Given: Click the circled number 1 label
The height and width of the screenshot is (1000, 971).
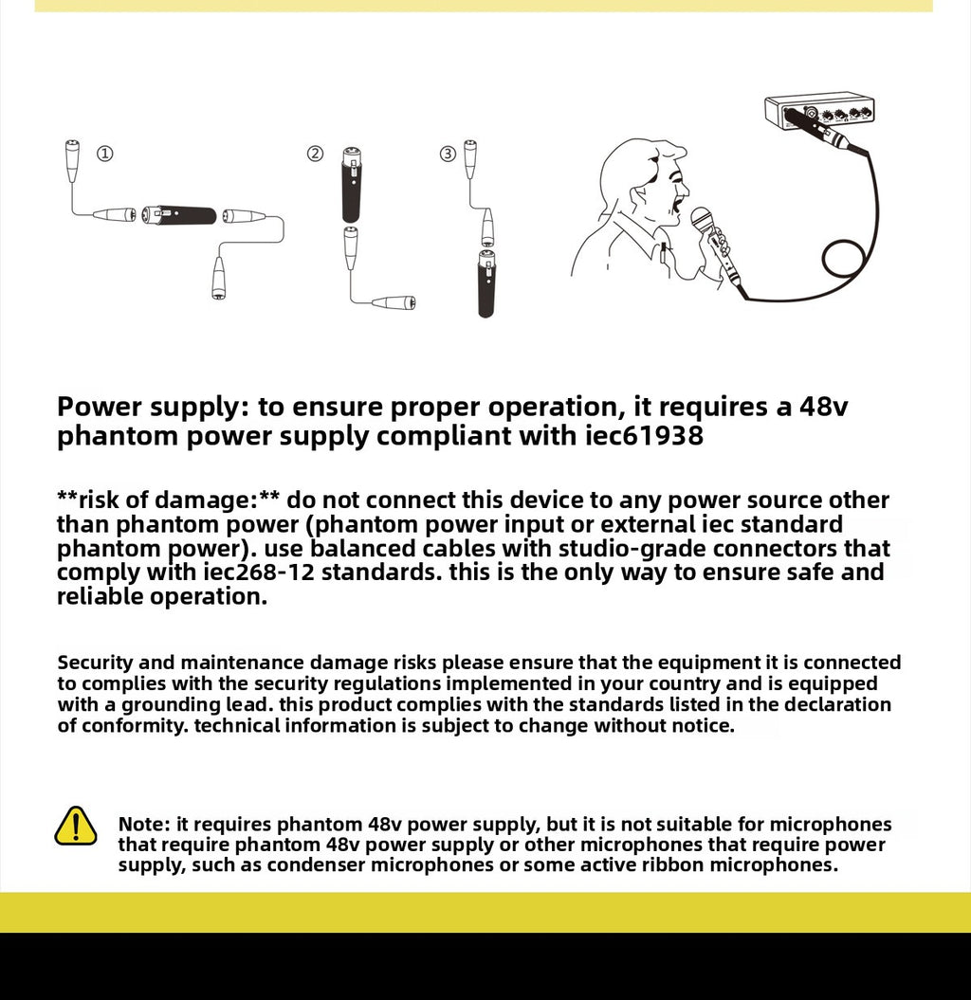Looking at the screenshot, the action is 104,154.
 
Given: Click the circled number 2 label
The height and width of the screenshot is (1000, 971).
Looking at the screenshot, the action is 315,154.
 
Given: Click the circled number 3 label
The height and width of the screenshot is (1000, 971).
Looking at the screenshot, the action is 448,154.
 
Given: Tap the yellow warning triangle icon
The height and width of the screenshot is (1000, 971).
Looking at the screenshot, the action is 76,826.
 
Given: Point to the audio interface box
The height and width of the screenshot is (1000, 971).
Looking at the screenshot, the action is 819,112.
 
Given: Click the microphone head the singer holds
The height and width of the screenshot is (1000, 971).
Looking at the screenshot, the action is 702,220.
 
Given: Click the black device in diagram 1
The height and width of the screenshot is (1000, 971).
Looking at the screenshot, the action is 179,215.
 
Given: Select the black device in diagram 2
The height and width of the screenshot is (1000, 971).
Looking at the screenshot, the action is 350,184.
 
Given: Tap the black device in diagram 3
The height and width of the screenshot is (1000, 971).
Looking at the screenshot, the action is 486,283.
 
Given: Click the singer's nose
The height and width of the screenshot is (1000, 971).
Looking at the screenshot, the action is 686,189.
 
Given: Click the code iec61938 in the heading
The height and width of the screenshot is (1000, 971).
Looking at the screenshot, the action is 645,436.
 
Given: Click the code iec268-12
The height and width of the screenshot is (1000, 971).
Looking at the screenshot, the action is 259,573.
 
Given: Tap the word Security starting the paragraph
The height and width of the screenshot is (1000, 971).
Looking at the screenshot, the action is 95,664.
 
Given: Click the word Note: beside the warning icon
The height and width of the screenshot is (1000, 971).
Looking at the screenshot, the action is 144,824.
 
